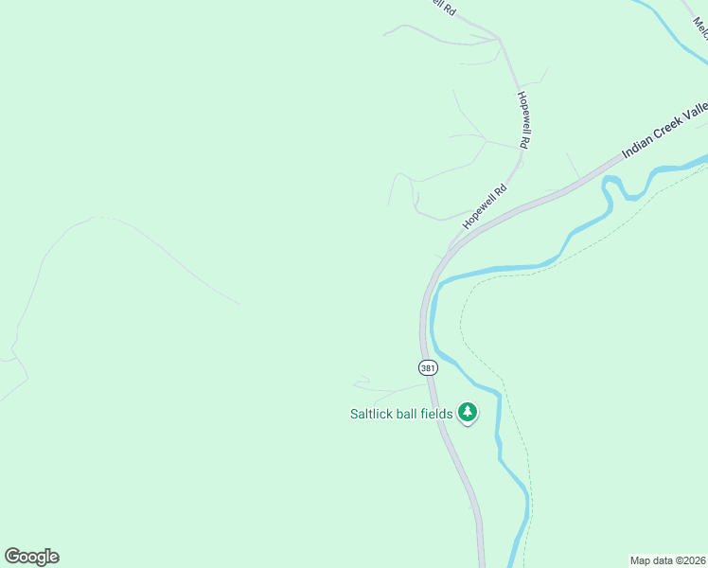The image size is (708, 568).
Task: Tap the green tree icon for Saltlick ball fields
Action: point(467,412)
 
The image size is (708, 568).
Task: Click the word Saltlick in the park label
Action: point(374,414)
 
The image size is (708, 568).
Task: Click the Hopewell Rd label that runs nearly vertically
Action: point(522,120)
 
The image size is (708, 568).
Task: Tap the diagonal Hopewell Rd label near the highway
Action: point(486,206)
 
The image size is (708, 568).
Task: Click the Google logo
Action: point(31,557)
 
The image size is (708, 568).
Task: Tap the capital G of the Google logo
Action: point(12,556)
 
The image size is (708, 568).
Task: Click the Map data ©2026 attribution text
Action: point(667,559)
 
